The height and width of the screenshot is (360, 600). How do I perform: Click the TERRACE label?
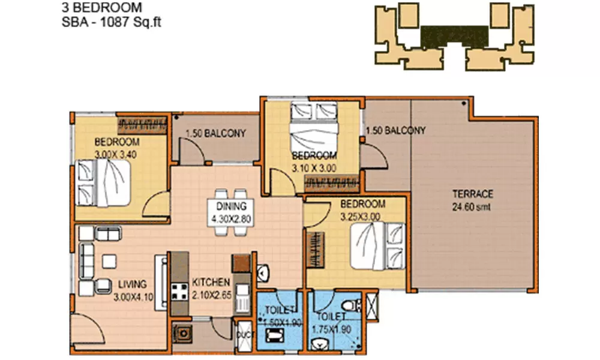coord(473,194)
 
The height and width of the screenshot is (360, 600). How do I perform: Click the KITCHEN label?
coord(211,282)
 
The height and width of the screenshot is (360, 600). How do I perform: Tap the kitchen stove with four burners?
coord(179,292)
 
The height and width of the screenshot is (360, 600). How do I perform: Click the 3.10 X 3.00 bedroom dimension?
coord(313,169)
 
